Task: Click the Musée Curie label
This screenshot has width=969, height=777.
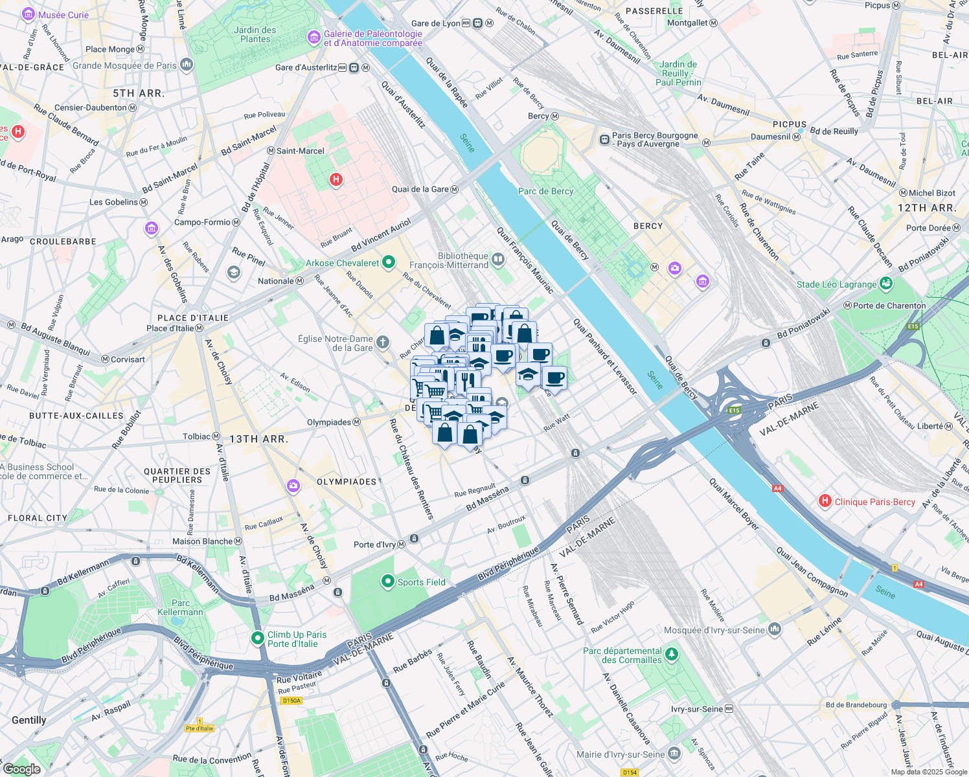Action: coord(63,15)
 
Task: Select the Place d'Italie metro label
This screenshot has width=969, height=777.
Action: coord(170,328)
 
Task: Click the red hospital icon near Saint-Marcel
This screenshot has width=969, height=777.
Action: coord(336,179)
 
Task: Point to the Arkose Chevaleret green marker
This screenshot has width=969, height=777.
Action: coord(389,262)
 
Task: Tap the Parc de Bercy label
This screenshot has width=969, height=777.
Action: coord(545,191)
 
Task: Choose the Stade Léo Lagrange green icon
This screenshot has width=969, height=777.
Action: coord(886,284)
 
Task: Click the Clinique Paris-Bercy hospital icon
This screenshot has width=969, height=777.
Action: coord(825,501)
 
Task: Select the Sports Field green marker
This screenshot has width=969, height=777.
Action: coord(387,581)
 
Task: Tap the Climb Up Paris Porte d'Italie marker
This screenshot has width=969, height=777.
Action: coord(257,638)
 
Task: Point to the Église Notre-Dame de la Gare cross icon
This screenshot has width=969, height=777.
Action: coord(383,342)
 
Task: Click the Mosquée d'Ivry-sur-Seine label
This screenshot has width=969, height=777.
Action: coord(714,630)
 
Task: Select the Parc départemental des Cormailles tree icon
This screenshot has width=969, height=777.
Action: coord(672,654)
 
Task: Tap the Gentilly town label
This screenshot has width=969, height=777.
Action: coord(29,720)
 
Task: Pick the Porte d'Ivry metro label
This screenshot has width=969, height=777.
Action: coord(374,545)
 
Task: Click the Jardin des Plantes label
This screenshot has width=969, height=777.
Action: coord(255,34)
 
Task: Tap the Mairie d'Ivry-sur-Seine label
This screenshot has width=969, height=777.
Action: coord(620,754)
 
